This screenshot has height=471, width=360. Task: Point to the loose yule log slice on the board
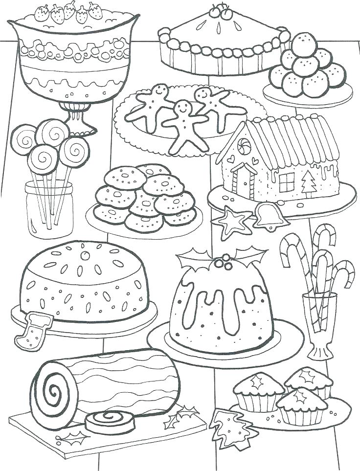pyautogui.click(x=107, y=419)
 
